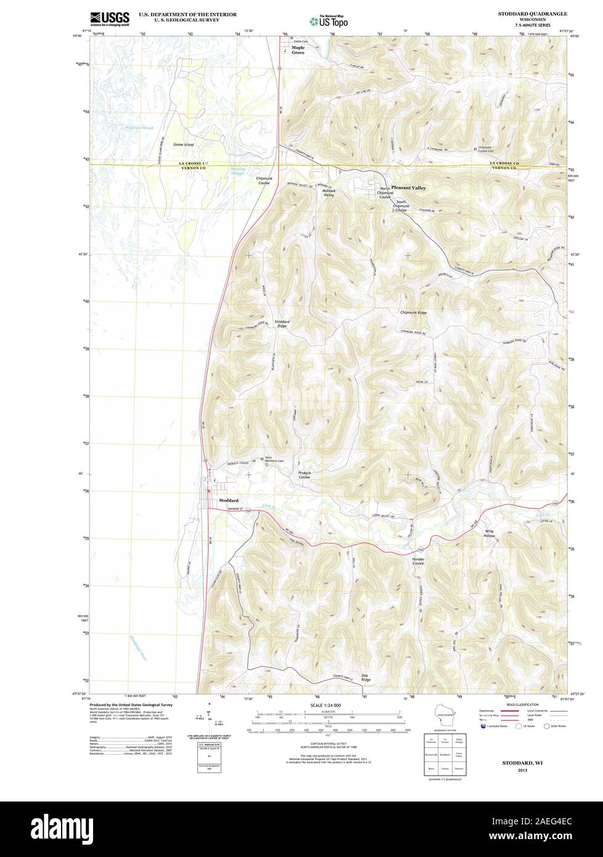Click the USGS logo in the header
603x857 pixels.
pos(110,19)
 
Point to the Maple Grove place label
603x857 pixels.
pos(298,50)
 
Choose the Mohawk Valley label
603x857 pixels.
pos(329,193)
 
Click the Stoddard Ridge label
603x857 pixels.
pos(281,323)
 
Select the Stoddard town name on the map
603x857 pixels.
pos(228,500)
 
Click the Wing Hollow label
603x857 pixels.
pos(490,533)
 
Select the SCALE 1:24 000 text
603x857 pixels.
pos(326,705)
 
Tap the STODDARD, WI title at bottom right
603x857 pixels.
pos(522,763)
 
